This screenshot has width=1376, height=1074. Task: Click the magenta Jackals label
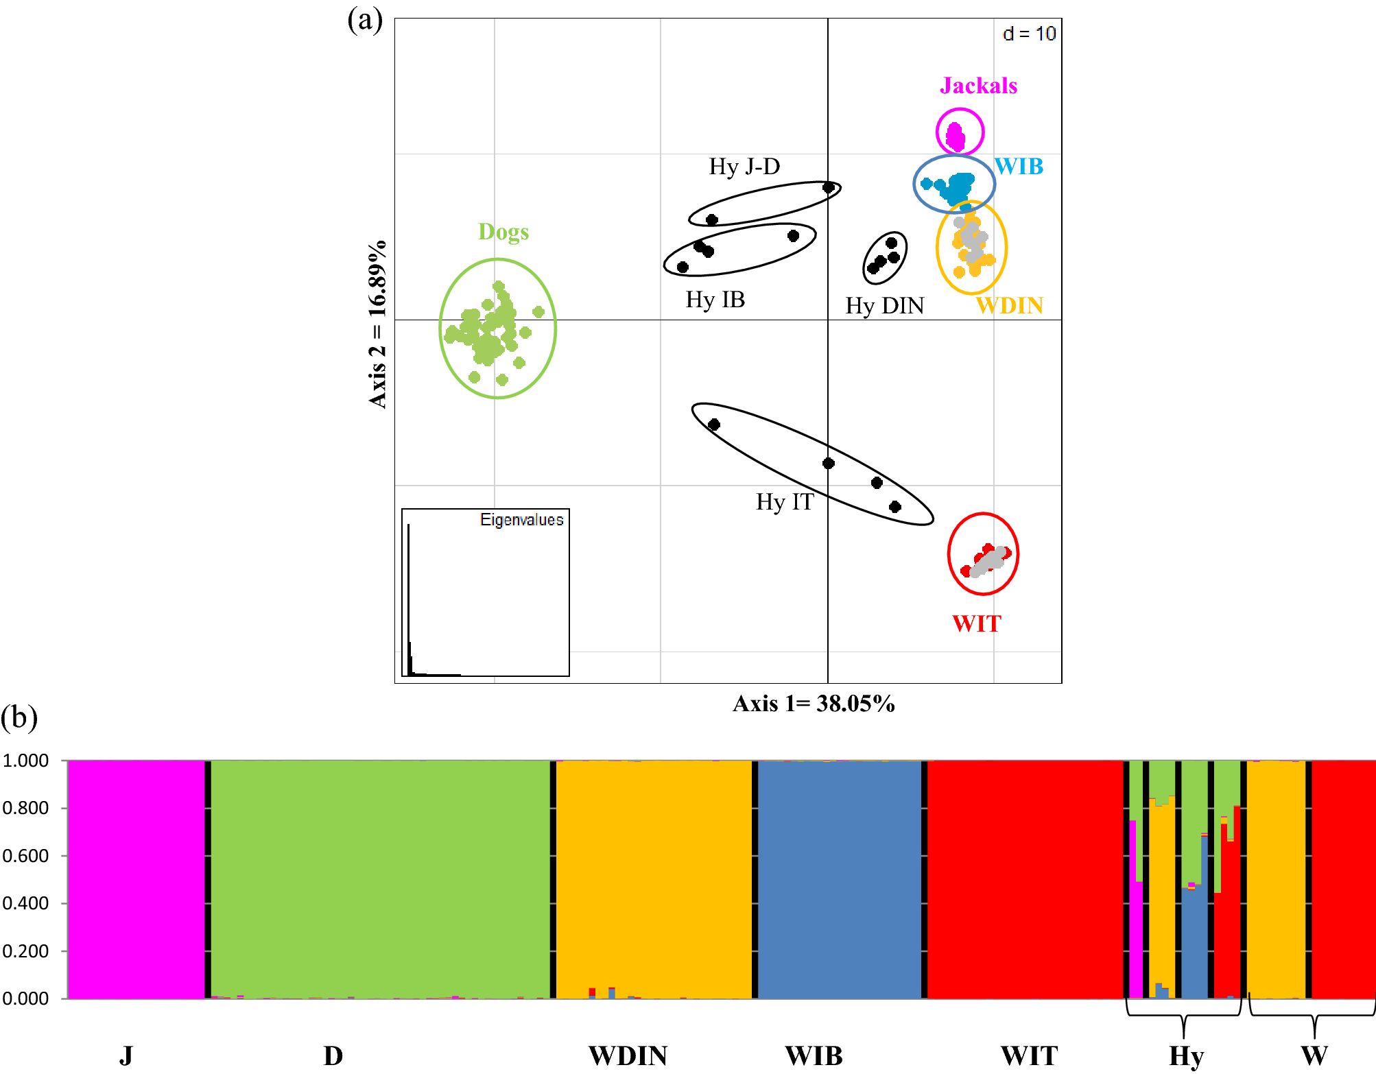(x=978, y=86)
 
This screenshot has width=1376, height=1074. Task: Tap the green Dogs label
(x=503, y=232)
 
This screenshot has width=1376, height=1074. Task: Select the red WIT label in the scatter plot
(x=976, y=623)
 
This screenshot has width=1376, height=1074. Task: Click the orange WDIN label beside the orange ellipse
(x=1009, y=305)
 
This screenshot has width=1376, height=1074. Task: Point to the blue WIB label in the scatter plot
(x=1019, y=167)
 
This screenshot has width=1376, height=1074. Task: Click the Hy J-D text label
(x=744, y=167)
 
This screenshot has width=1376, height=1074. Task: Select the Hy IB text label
(x=715, y=300)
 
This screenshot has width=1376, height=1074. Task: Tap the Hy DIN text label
(x=884, y=305)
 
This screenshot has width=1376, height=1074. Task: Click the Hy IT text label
(x=785, y=502)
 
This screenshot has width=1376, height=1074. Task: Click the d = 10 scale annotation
(x=1029, y=34)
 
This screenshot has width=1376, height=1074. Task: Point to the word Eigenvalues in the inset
(x=521, y=520)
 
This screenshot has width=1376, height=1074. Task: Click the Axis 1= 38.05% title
(x=814, y=704)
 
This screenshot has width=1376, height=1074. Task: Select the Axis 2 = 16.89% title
(x=378, y=324)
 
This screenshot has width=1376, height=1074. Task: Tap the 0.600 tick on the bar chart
(x=25, y=856)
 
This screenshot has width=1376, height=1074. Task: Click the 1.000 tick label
(x=25, y=761)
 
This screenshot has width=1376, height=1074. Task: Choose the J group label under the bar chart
(x=126, y=1055)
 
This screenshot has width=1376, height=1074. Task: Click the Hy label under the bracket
(x=1186, y=1055)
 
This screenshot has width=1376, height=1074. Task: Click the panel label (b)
(x=19, y=717)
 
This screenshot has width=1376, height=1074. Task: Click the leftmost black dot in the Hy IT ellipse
(x=714, y=425)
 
